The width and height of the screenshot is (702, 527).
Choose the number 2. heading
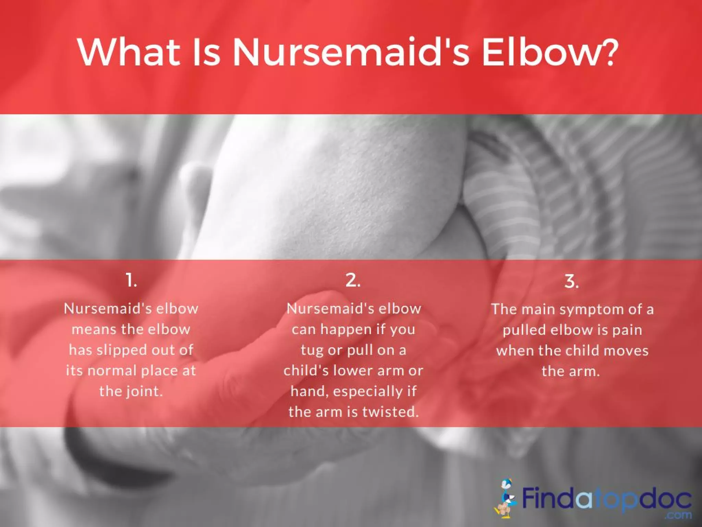tap(353, 280)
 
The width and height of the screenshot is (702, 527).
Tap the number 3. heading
tap(571, 282)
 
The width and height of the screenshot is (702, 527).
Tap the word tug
tap(312, 350)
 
